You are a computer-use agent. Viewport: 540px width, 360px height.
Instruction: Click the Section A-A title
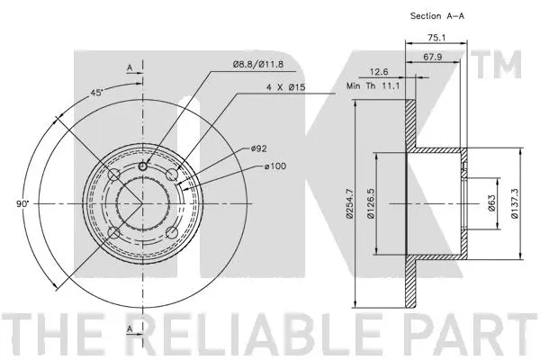click(x=438, y=16)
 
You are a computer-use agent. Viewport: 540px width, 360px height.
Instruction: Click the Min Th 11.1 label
click(x=372, y=87)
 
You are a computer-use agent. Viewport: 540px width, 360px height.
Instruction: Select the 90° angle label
click(x=22, y=204)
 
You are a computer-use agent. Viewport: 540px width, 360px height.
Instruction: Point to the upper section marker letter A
click(x=130, y=68)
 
